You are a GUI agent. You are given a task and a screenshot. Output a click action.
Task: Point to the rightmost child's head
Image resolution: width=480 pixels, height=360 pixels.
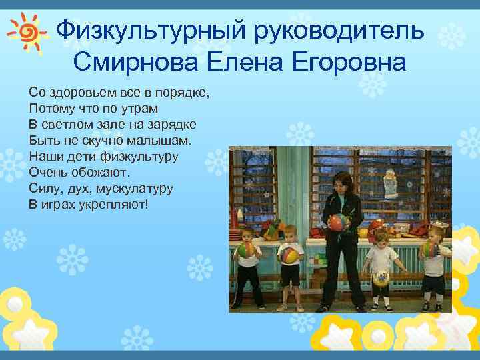pyautogui.click(x=436, y=233)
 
